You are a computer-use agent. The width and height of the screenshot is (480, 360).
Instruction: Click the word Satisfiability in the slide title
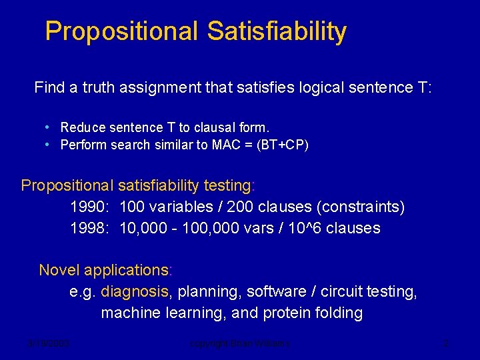[x=277, y=31]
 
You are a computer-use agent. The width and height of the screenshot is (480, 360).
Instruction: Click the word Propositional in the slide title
[x=122, y=31]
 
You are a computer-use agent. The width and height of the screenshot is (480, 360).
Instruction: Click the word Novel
[x=57, y=270]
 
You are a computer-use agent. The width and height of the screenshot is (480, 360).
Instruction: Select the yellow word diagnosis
[x=136, y=291]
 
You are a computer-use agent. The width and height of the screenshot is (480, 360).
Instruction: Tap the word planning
[x=206, y=291]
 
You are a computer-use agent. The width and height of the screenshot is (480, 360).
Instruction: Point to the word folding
[x=340, y=313]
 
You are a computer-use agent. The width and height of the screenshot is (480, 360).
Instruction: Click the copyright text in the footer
[x=240, y=344]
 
